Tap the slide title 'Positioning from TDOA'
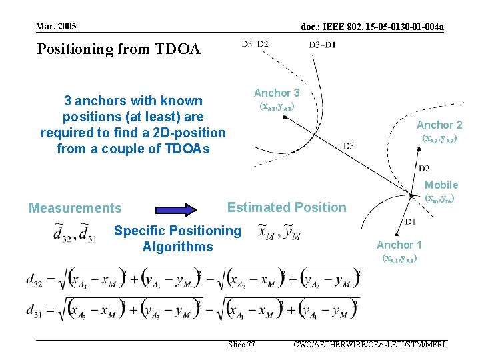coord(119,49)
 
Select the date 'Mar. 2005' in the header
coord(57,26)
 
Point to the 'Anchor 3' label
coord(277,93)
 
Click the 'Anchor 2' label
coord(439,125)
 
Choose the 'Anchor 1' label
coord(399,245)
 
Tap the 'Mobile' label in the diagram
coord(441,185)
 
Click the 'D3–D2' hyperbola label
coord(255,45)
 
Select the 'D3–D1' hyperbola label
coord(323,45)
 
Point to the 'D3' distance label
coord(349,145)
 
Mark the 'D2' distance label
coord(423,168)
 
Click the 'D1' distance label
coord(411,221)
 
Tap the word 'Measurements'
coord(75,208)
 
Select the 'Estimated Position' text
coord(287,207)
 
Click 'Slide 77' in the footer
coord(241,345)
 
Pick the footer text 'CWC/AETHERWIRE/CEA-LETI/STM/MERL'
coord(369,345)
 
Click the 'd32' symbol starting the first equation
coord(35,281)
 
